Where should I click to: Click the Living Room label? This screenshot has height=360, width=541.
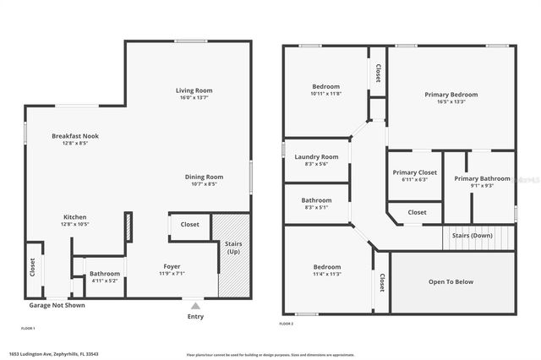[x=194, y=90]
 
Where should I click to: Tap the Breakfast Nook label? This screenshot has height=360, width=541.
[x=75, y=136]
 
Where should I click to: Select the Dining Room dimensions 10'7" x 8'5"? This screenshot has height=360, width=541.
[x=204, y=183]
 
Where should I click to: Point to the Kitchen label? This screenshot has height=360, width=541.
[x=75, y=217]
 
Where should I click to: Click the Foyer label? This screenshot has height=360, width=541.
[x=171, y=267]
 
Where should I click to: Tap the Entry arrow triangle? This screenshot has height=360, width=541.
[x=195, y=306]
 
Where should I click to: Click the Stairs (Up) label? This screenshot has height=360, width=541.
[x=232, y=248]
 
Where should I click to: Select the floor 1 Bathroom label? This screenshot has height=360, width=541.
[x=105, y=274]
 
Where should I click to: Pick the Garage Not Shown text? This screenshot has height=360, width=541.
[x=57, y=305]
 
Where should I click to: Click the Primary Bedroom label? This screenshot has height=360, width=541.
[x=451, y=95]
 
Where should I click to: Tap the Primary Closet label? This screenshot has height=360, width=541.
[x=415, y=172]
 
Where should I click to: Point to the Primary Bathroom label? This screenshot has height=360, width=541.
[x=482, y=178]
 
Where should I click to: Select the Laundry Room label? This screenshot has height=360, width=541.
[x=316, y=156]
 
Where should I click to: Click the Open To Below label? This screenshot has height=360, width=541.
[x=451, y=281]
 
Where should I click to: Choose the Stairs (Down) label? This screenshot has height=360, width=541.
[x=473, y=235]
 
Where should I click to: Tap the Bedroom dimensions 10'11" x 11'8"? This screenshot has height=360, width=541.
[x=326, y=94]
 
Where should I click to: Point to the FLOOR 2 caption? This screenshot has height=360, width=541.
[x=287, y=324]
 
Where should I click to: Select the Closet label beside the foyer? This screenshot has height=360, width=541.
[x=190, y=225]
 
